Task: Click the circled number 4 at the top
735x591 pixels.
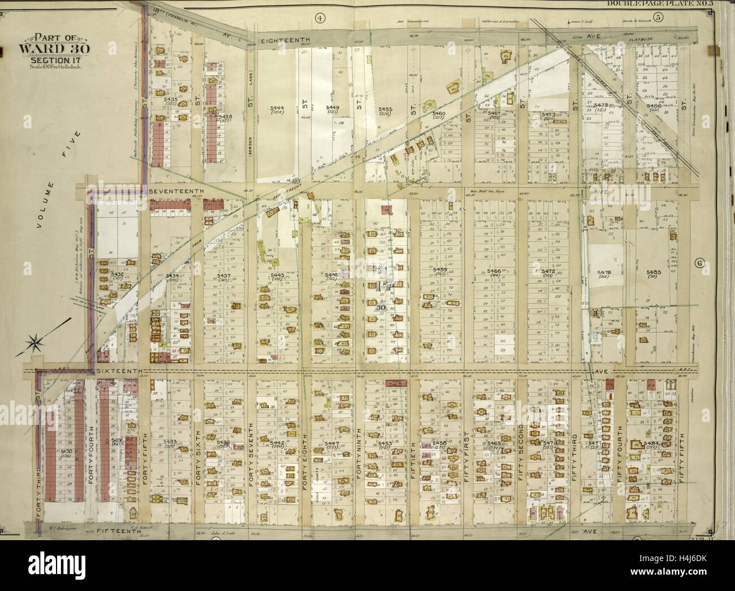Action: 320,19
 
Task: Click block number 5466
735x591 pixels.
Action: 494,271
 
